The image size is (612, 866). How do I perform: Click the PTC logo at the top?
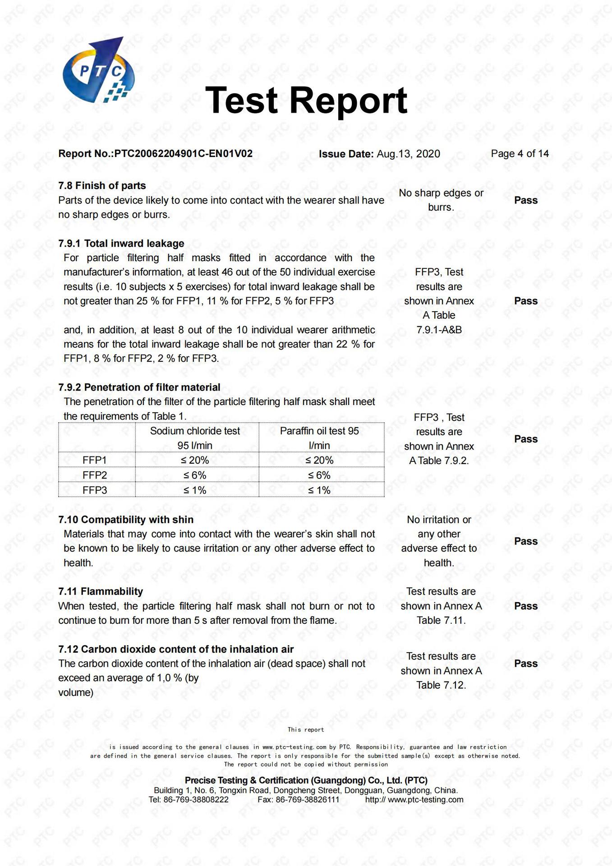[99, 70]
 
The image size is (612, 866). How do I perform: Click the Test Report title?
[306, 100]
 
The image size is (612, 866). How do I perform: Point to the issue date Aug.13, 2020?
[408, 154]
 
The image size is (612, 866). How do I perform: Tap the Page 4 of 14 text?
[520, 154]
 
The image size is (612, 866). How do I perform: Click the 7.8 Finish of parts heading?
[102, 185]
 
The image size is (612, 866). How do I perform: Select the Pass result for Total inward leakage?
[526, 301]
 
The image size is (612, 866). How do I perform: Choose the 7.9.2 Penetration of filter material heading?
[139, 387]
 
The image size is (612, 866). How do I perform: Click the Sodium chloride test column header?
[195, 431]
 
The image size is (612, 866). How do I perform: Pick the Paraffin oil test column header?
[319, 431]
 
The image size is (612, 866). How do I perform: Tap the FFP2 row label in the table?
[95, 475]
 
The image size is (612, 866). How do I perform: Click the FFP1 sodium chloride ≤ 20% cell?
[195, 460]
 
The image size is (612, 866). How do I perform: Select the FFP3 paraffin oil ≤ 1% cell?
[319, 490]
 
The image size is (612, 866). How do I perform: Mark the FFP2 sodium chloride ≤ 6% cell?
[195, 475]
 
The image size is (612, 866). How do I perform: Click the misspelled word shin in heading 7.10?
[184, 520]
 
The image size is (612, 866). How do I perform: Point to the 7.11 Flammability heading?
[101, 591]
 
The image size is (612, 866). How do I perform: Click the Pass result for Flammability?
[526, 606]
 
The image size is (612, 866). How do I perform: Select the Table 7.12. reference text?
[441, 685]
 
